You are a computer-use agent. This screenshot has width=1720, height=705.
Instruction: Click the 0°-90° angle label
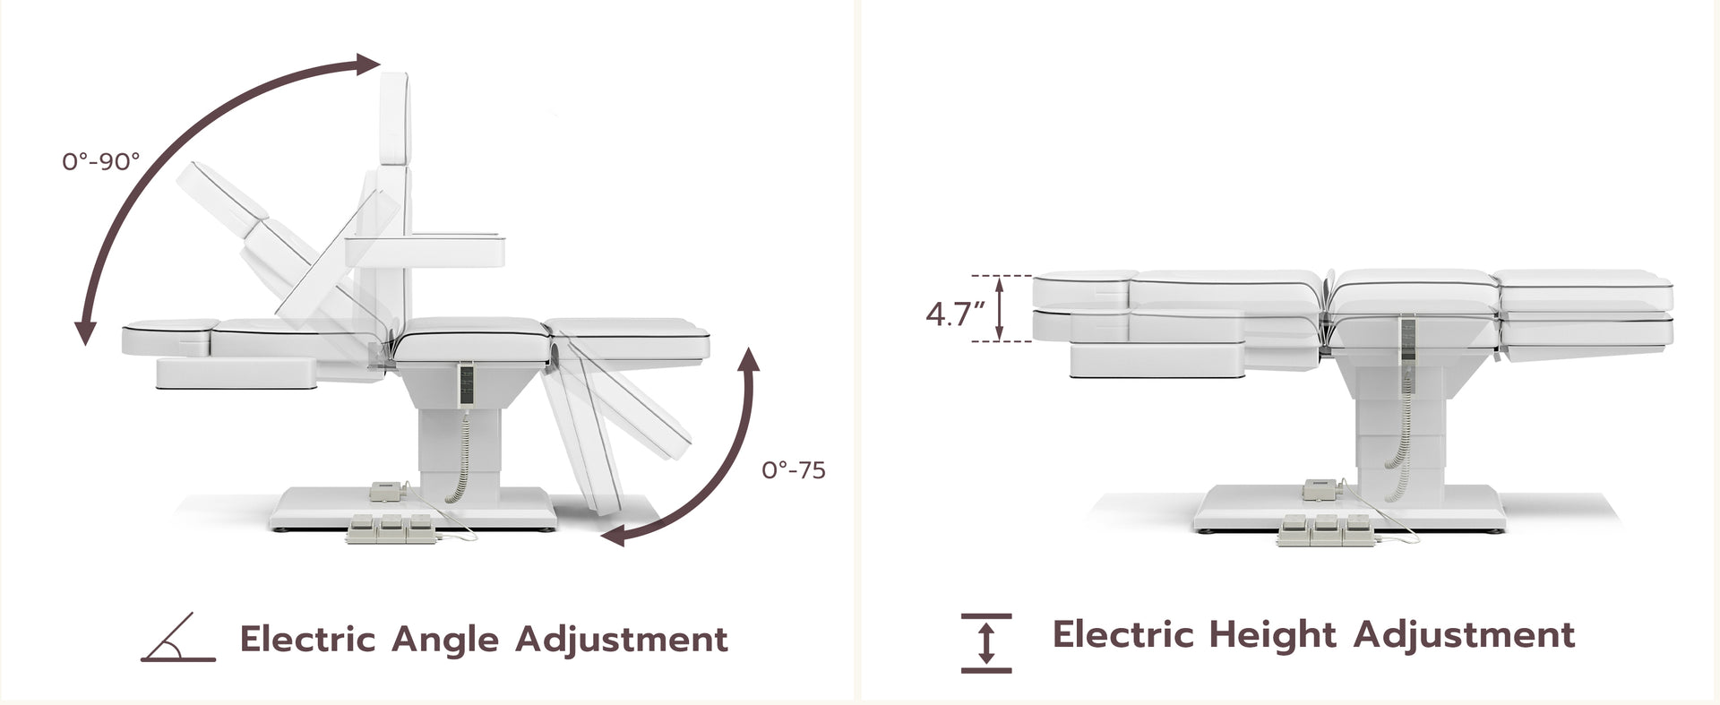click(101, 161)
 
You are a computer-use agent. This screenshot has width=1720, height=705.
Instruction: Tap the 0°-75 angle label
click(794, 469)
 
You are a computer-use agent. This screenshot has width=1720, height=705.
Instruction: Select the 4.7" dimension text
click(955, 314)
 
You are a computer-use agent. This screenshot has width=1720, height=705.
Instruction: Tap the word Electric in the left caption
click(307, 639)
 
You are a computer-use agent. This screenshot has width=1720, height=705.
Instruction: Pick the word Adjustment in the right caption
click(1464, 635)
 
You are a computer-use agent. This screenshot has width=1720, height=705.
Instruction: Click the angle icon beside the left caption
click(178, 638)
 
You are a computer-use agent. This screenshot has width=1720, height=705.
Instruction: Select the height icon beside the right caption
click(986, 642)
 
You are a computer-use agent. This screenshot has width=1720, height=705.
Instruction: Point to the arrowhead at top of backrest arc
click(369, 64)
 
